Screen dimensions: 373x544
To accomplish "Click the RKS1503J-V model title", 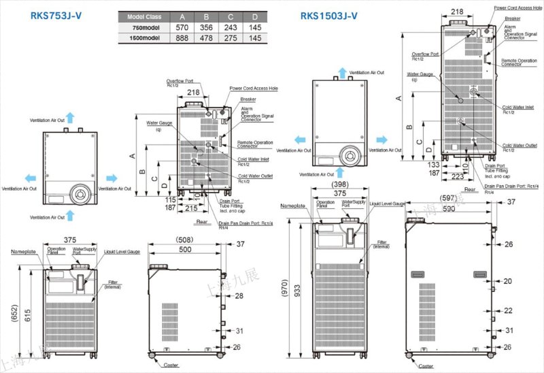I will [326, 16].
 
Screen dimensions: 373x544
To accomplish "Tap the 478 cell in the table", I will [205, 38].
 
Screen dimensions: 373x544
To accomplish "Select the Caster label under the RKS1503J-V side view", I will [426, 366].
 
